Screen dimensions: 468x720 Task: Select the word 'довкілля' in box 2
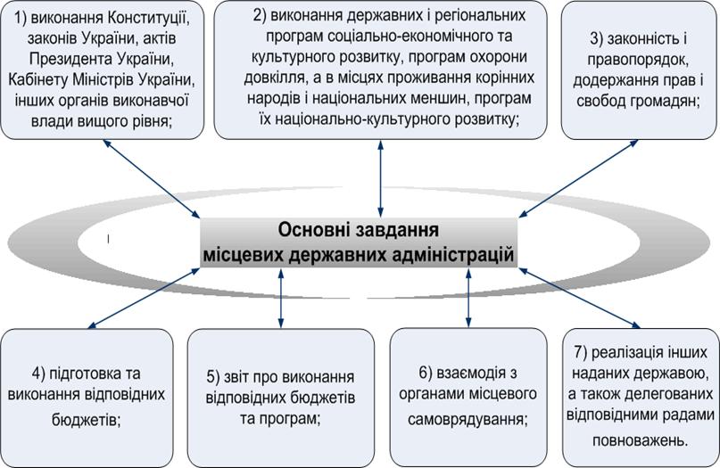coord(268,78)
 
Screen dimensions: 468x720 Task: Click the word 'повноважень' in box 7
coord(638,439)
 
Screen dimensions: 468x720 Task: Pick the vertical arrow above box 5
coord(283,299)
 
